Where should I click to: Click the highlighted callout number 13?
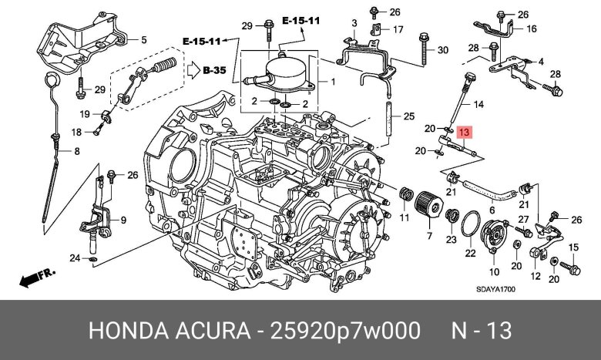click(x=464, y=133)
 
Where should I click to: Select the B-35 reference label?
click(x=214, y=71)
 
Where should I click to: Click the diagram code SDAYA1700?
click(x=495, y=289)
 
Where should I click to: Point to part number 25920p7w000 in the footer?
click(x=345, y=331)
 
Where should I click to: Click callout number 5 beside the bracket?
click(x=144, y=39)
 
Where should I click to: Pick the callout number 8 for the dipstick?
click(x=77, y=151)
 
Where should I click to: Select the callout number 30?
click(x=443, y=50)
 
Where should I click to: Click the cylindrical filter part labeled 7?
click(x=428, y=204)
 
